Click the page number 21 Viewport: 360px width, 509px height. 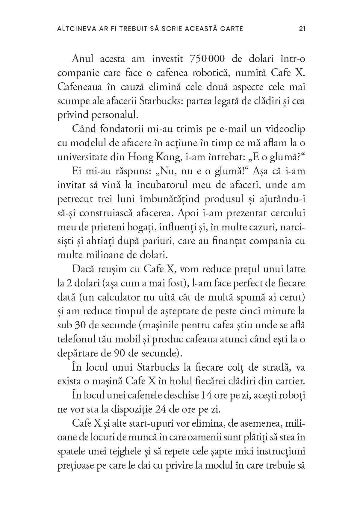pos(302,29)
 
